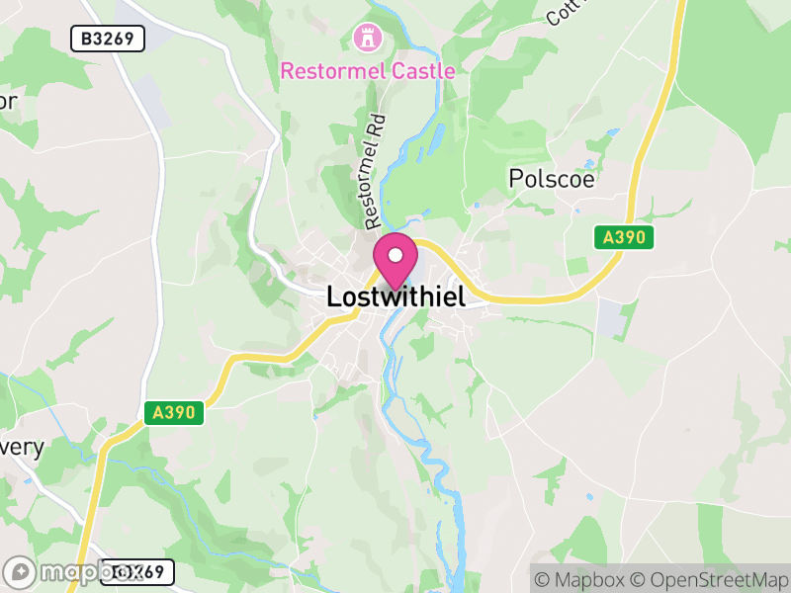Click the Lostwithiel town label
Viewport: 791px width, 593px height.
395,296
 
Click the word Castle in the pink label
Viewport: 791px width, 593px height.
423,71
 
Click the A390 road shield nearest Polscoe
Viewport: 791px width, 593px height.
625,237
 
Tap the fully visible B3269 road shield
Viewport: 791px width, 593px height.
109,39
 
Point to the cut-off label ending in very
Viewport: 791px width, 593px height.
20,447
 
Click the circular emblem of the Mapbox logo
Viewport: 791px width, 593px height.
20,572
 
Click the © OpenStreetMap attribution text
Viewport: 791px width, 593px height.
710,578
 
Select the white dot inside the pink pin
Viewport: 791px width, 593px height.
395,255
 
